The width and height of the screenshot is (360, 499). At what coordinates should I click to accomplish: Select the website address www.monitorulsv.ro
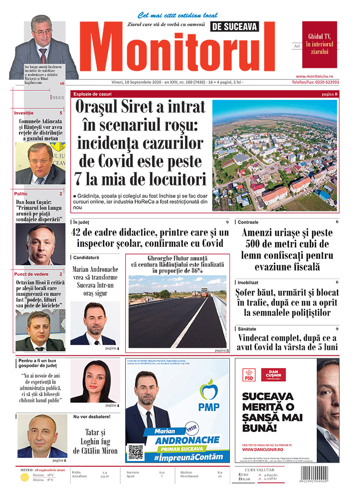click(321, 76)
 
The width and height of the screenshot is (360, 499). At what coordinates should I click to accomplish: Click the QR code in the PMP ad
click(136, 452)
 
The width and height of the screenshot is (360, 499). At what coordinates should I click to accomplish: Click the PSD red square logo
click(249, 375)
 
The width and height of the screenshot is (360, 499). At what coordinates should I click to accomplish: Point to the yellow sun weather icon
click(23, 478)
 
